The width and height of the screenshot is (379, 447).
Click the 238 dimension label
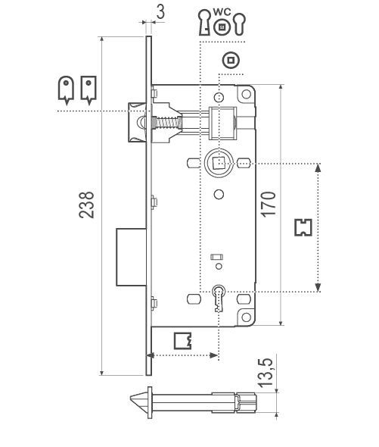(x=86, y=205)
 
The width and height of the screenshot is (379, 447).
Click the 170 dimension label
(x=269, y=205)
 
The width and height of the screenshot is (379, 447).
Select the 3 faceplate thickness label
(x=160, y=12)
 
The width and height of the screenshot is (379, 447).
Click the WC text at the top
(x=222, y=12)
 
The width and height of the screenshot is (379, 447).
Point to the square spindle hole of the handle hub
(x=219, y=163)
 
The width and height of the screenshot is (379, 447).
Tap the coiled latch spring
(x=167, y=123)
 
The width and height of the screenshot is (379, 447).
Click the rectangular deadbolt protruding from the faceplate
(x=132, y=257)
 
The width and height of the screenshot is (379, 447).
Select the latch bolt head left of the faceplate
(x=137, y=122)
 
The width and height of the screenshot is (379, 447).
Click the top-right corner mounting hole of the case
(x=246, y=94)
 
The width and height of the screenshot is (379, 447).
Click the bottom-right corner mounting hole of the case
(x=246, y=317)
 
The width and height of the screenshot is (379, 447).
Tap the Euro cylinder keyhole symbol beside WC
(x=240, y=24)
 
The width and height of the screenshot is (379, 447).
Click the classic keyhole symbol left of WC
(x=204, y=23)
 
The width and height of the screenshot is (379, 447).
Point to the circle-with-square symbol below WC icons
(x=231, y=60)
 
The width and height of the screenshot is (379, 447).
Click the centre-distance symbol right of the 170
(x=303, y=227)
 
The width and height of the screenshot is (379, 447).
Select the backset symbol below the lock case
(x=183, y=341)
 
